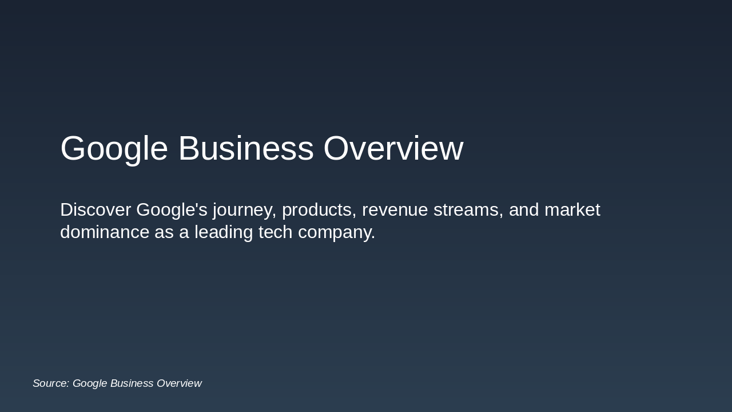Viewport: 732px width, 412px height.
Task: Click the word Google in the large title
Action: coord(114,149)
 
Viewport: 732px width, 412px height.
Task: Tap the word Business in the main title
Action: coord(246,149)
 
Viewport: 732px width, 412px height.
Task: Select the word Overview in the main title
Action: coord(393,149)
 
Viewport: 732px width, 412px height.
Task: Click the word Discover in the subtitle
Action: coord(96,210)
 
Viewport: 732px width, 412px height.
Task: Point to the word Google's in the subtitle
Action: coord(172,210)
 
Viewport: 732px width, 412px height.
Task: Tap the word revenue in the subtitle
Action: coord(395,210)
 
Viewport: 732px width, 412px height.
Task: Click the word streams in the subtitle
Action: coord(468,210)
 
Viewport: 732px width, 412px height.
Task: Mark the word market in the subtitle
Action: coord(572,210)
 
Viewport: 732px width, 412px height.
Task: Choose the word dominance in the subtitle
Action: coord(105,232)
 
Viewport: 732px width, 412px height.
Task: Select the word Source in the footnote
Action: coord(50,383)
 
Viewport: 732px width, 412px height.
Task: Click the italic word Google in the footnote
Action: coord(90,384)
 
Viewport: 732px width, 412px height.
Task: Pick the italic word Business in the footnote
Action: coord(132,383)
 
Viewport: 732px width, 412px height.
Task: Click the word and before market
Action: coord(524,210)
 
